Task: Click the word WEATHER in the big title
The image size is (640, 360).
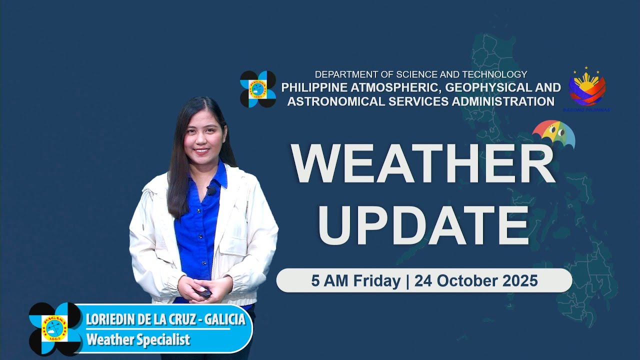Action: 423,164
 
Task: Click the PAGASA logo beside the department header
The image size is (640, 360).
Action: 258,89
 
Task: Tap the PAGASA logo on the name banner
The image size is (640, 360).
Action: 55,328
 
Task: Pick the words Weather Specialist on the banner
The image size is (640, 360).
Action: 138,339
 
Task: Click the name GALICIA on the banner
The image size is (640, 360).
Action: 226,319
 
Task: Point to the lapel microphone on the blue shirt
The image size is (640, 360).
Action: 211,190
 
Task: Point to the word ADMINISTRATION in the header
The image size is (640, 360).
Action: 494,101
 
